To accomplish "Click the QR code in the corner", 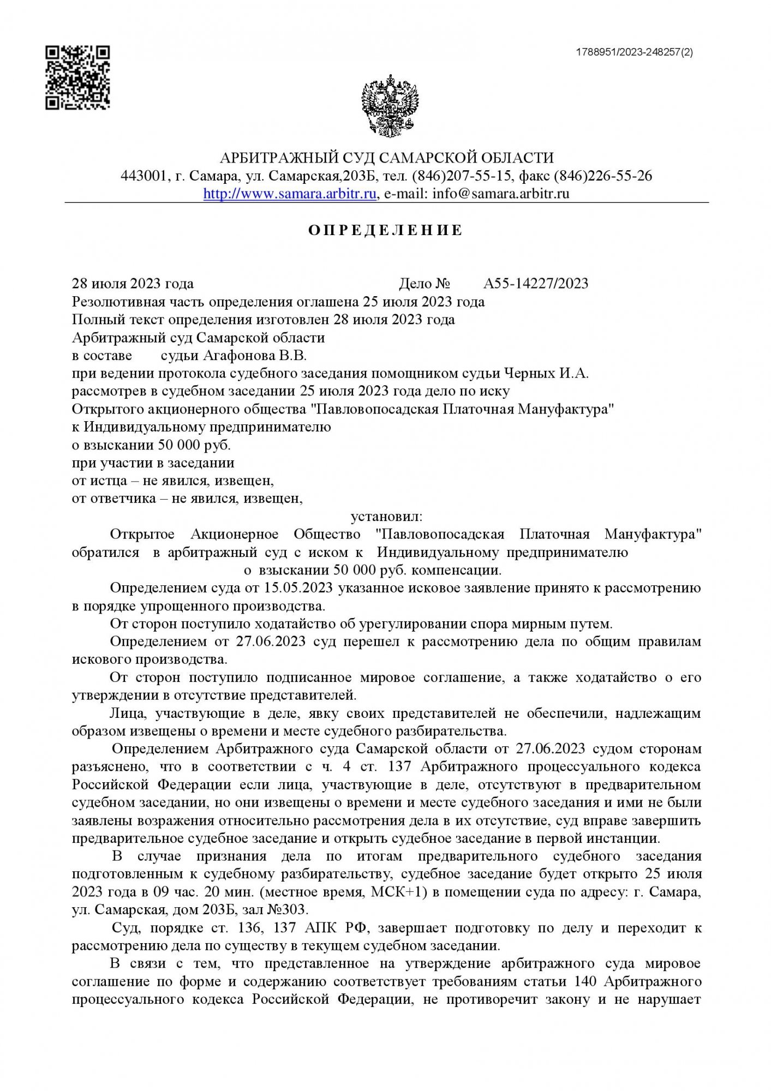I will coord(77,77).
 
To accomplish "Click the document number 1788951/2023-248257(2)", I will coord(634,52).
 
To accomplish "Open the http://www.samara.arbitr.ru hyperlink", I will coord(290,194).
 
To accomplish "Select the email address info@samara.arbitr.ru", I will coord(500,194).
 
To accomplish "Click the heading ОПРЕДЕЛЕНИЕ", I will coord(385,230).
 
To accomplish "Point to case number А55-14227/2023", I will coord(536,284).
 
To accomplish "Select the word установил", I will coord(386,516).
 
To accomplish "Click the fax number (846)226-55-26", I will coord(603,176).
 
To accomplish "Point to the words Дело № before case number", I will coord(425,284).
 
